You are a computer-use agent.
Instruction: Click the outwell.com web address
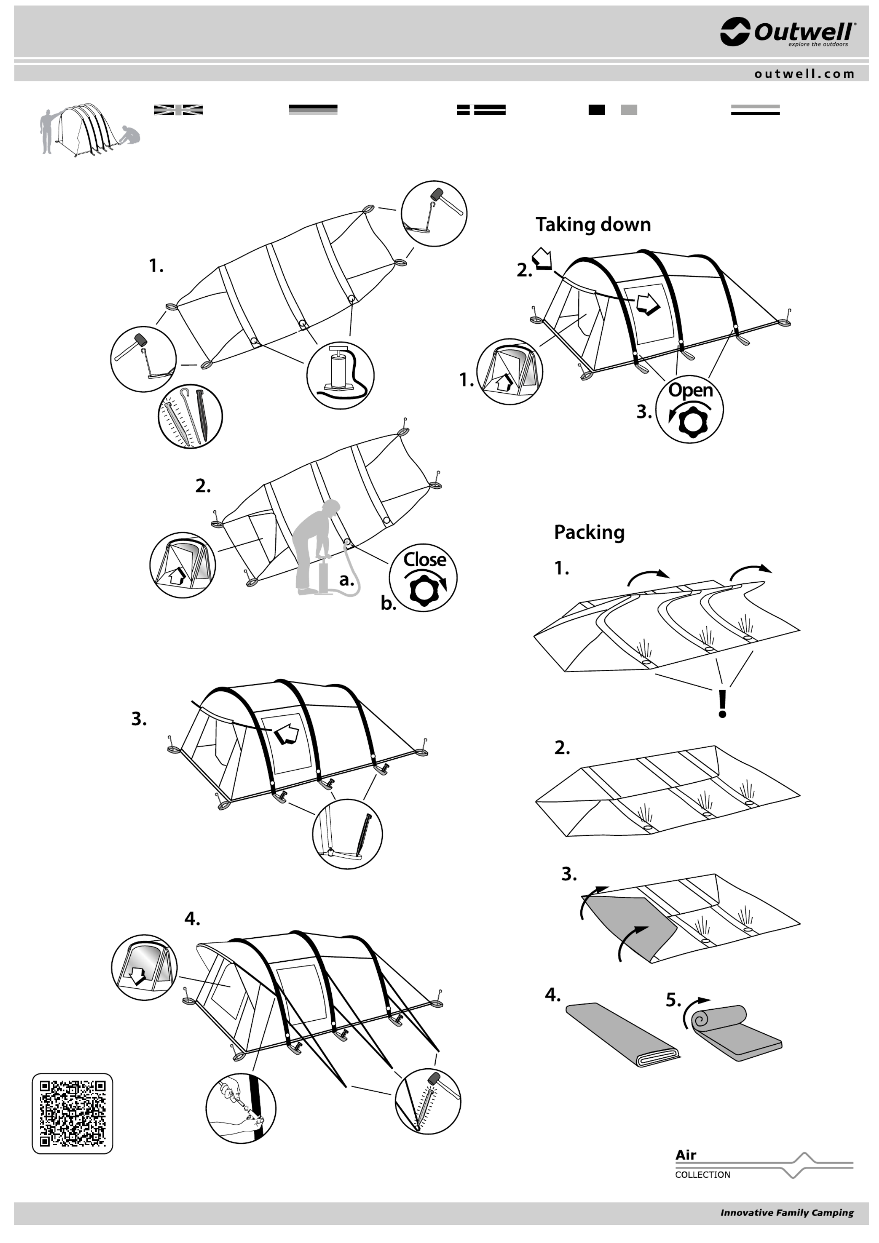[804, 74]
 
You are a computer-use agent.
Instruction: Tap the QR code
[72, 1114]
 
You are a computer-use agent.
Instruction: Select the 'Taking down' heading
[593, 224]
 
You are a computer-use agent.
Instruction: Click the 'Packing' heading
[589, 532]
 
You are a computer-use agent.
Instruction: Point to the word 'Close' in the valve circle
[425, 559]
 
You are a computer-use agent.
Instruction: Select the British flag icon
[178, 110]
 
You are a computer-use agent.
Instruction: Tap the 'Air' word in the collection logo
[686, 1155]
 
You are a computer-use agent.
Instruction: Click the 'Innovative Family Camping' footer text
[787, 1213]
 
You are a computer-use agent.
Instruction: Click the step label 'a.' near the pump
[346, 580]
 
